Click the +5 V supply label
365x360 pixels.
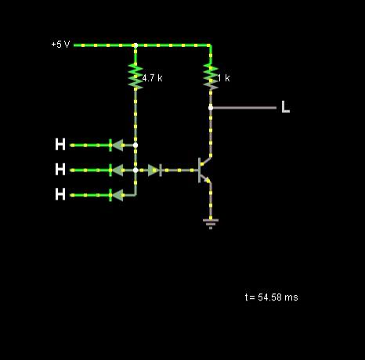click(x=60, y=45)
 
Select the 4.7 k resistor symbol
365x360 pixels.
click(x=136, y=77)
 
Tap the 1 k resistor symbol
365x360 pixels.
click(x=211, y=77)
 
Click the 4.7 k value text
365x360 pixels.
click(x=152, y=77)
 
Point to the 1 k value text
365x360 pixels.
click(x=224, y=77)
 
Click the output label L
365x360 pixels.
click(x=286, y=106)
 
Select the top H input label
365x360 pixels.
click(x=60, y=144)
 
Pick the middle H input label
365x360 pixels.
click(x=60, y=169)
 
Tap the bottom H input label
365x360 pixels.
click(x=60, y=194)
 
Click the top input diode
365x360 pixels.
click(x=117, y=146)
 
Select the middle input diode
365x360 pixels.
click(x=117, y=171)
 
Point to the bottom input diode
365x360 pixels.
click(x=117, y=196)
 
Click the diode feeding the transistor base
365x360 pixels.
click(x=154, y=171)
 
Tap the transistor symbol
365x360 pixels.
click(x=204, y=170)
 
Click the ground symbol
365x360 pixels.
click(x=211, y=224)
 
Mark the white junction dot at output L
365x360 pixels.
click(x=211, y=108)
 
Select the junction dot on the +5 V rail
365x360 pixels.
click(x=136, y=45)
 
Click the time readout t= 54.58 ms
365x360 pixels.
click(x=272, y=297)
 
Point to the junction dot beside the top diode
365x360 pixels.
click(x=136, y=146)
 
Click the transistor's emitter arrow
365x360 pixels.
click(x=208, y=180)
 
